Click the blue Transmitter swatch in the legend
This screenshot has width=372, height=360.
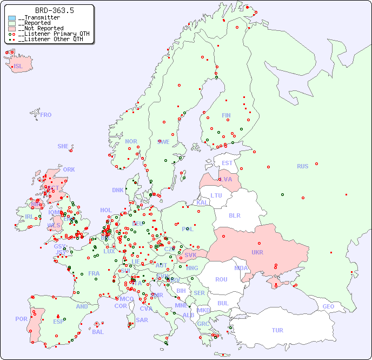tap(12, 18)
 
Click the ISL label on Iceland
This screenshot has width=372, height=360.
tap(18, 67)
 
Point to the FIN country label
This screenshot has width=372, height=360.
tap(226, 115)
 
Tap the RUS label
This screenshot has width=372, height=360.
tap(302, 166)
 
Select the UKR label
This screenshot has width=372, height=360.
tap(257, 253)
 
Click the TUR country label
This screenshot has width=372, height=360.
tap(277, 330)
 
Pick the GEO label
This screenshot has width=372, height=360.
tap(328, 306)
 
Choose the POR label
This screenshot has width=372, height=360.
tap(21, 319)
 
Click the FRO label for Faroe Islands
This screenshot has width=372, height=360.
tap(46, 115)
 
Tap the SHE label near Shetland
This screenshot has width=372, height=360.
tap(63, 146)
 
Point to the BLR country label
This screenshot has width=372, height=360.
tap(234, 215)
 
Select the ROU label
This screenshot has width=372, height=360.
tap(221, 279)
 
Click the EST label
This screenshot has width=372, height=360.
tap(227, 163)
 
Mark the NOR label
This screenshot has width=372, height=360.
tap(131, 141)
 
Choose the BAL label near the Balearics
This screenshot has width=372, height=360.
tap(98, 332)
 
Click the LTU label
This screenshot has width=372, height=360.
tap(216, 195)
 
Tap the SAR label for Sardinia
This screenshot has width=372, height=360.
tap(142, 320)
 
